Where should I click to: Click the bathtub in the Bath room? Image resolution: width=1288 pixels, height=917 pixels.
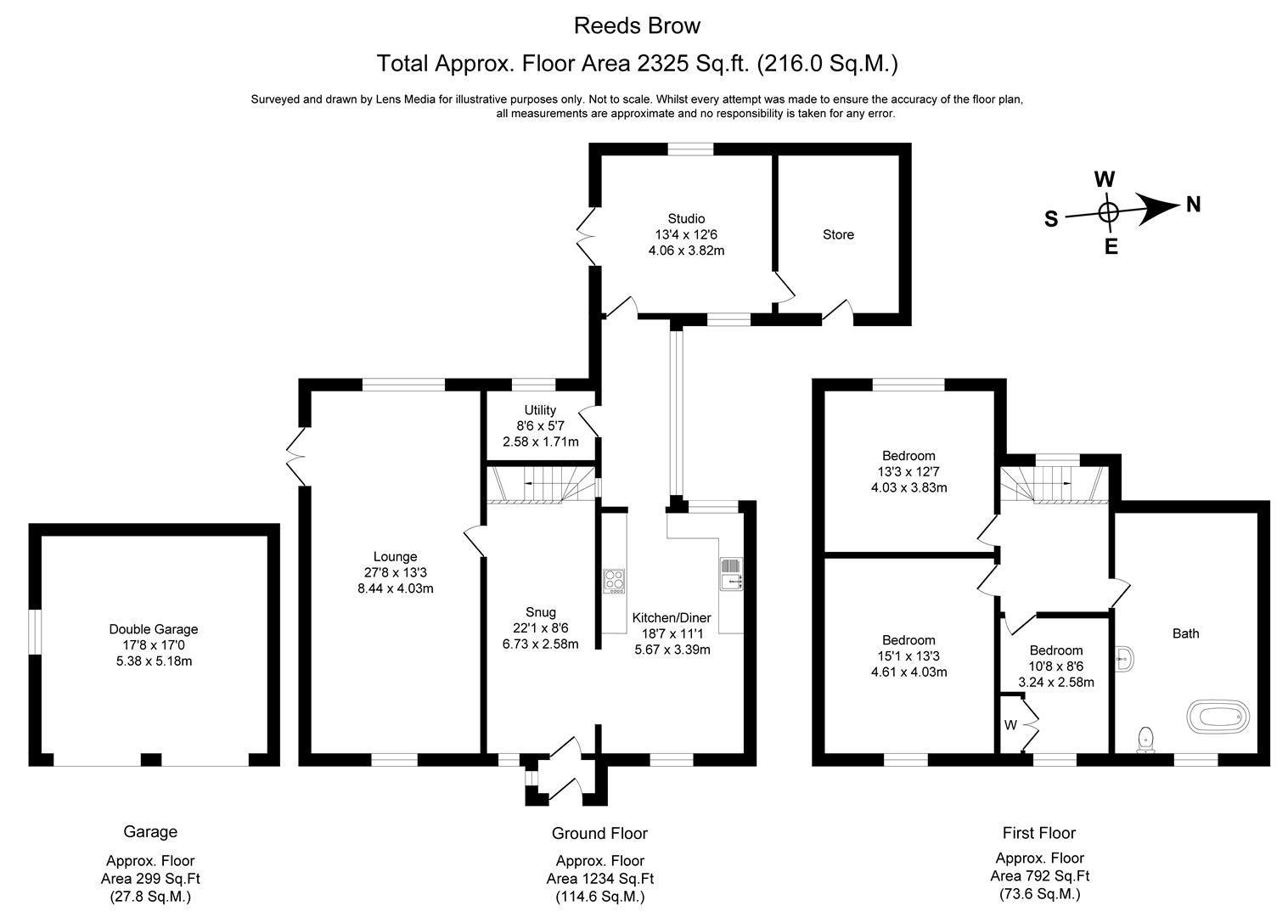1219,717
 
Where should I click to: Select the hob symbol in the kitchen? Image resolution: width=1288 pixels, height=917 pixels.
613,581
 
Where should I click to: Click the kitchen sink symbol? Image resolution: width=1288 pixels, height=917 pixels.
730,575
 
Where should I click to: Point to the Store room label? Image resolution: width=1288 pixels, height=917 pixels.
838,234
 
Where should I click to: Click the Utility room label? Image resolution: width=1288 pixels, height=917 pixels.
540,410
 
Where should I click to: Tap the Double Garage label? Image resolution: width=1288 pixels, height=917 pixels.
154,629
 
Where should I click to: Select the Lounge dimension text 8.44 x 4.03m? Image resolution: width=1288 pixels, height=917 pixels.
396,588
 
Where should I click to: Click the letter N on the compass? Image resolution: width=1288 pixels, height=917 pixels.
1193,205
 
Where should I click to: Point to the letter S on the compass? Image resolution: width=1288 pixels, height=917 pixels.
1051,219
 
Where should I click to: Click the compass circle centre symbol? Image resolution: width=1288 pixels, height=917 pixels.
1108,212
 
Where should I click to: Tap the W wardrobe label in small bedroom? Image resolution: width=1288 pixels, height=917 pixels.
1010,725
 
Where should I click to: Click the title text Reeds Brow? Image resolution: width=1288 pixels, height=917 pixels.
637,25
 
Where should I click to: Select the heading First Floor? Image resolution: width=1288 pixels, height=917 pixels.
1038,833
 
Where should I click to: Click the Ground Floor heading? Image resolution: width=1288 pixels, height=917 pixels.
599,833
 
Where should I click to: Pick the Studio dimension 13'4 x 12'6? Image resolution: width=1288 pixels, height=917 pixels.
686,234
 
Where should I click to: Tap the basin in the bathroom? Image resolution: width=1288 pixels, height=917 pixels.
1124,655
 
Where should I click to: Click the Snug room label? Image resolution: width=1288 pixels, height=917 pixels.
541,612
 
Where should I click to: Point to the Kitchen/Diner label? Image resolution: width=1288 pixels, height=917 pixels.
672,617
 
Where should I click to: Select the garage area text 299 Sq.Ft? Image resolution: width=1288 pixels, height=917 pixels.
150,879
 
